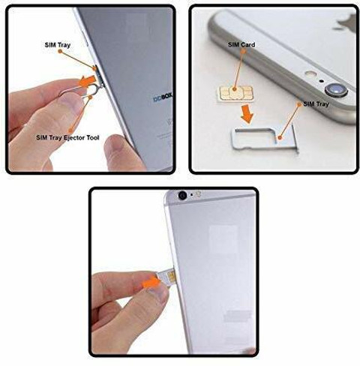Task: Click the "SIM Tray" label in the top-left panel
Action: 58,45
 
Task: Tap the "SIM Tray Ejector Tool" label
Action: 67,137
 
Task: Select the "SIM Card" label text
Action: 241,45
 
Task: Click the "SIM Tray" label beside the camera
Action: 316,104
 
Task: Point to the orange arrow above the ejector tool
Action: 88,81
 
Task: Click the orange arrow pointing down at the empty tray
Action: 247,114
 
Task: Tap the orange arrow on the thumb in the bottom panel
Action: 151,283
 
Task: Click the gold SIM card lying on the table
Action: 235,94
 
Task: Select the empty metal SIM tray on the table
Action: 265,139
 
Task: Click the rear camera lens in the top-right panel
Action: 336,89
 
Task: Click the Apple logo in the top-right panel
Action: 347,23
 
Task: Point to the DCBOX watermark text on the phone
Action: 163,98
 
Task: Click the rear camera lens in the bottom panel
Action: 182,195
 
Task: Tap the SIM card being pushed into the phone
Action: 166,276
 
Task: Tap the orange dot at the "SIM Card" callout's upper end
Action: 243,51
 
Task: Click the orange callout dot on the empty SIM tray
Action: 280,137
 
